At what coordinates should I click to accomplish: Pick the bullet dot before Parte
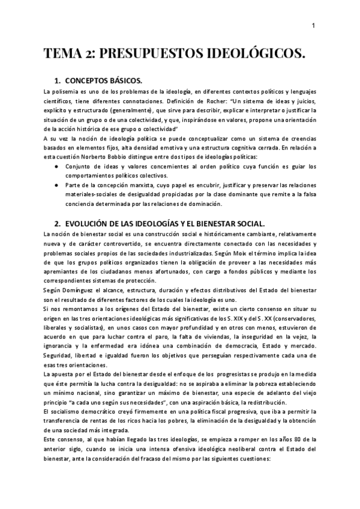click(x=56, y=186)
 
